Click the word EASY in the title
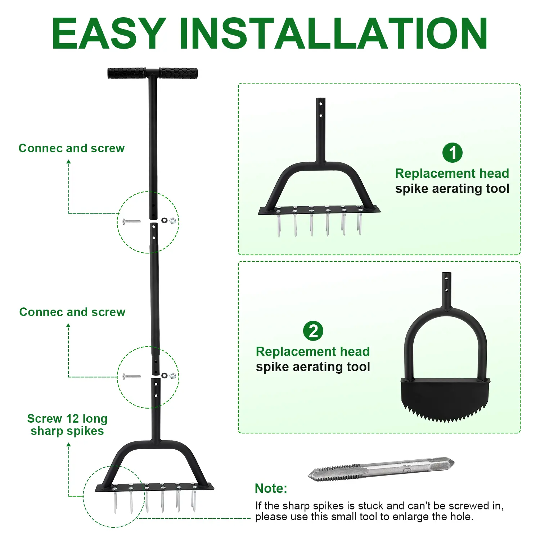109,33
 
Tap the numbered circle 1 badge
452,153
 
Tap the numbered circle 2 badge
313,331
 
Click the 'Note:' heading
271,488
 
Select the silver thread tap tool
381,469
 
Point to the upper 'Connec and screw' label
72,148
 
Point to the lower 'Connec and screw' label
72,312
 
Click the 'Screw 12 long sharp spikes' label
67,425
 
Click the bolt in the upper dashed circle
131,221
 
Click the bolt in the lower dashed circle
131,377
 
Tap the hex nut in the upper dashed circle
172,220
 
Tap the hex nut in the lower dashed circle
172,375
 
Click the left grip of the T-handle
127,73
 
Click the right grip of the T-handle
178,73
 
